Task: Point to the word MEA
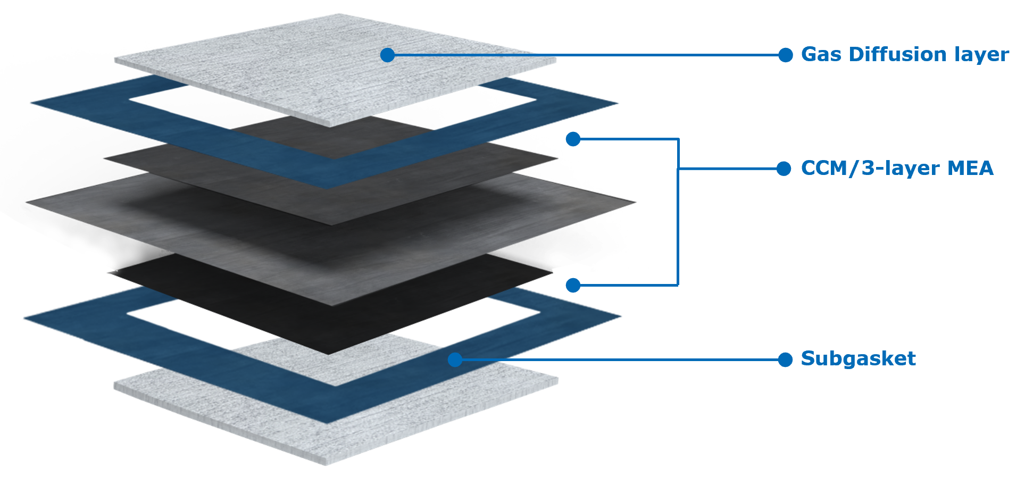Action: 970,169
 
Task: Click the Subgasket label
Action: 858,359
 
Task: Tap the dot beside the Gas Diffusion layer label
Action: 785,55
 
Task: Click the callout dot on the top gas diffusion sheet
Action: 387,55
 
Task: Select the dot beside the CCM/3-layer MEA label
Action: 784,169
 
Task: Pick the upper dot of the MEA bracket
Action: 573,139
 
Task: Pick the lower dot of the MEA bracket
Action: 573,286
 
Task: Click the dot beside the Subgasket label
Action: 785,360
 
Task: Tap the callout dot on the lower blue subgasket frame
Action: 455,360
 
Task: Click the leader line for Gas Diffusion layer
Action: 585,55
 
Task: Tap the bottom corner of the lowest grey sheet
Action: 326,464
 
